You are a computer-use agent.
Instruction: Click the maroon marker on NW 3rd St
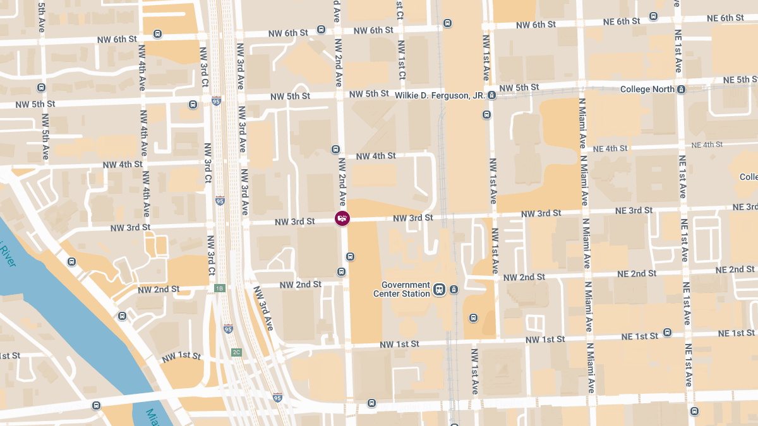tap(342, 218)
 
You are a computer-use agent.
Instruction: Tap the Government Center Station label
tap(406, 289)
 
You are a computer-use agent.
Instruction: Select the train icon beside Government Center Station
tap(440, 290)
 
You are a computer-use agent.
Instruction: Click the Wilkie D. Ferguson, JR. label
tap(440, 95)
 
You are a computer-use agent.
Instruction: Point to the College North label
tap(647, 89)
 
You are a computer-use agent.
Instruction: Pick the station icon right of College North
tap(681, 89)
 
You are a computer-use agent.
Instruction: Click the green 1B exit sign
tap(219, 288)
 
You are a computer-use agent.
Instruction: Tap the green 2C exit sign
tap(236, 352)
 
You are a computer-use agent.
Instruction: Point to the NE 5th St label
tap(740, 80)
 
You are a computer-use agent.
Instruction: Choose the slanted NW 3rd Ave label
tap(263, 309)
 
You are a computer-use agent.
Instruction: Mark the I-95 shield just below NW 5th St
tap(216, 101)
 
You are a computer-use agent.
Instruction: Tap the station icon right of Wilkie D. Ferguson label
tap(491, 96)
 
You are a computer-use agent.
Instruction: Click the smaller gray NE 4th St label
tap(706, 145)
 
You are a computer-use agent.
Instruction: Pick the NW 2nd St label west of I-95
tap(159, 290)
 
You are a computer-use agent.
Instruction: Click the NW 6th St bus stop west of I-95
tap(157, 34)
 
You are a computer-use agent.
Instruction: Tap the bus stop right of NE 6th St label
tap(653, 16)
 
